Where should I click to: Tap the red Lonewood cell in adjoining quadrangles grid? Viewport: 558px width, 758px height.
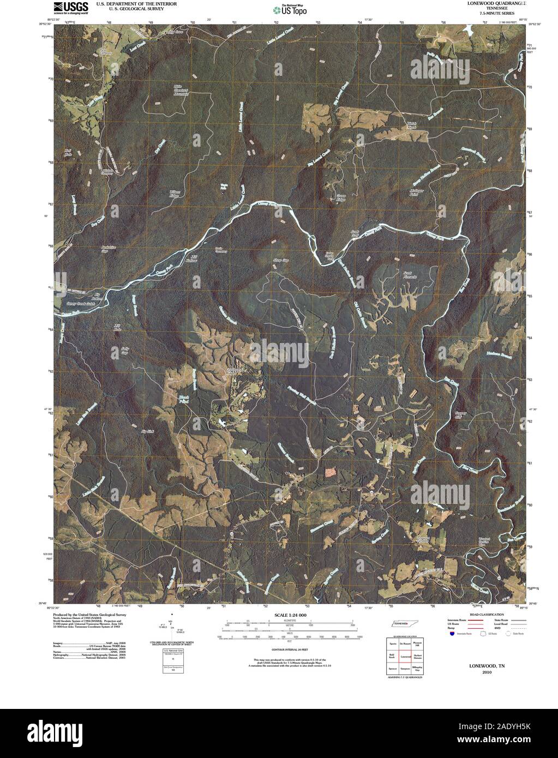(x=405, y=658)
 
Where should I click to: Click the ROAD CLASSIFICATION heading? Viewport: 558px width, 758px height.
(x=481, y=615)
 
